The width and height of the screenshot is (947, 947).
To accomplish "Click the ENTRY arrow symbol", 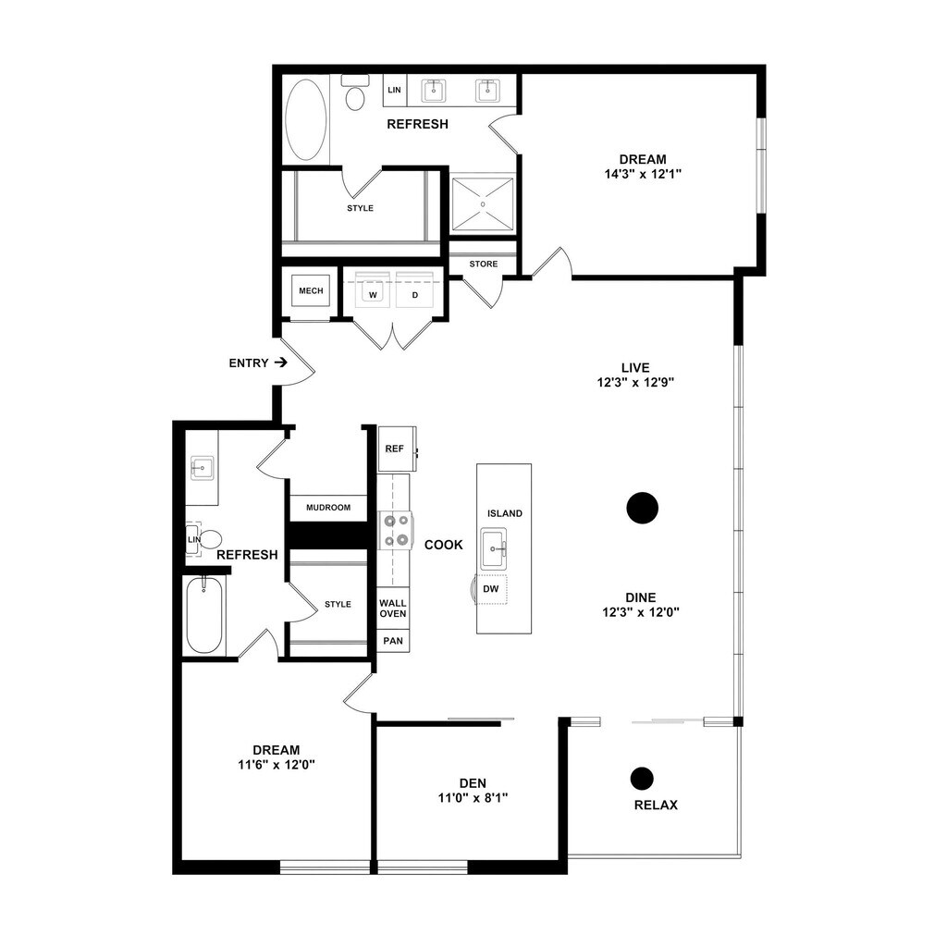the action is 280,363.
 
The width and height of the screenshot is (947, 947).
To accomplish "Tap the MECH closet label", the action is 311,291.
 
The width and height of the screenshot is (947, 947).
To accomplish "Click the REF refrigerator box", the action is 397,449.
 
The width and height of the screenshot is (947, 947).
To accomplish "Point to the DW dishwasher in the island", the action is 490,589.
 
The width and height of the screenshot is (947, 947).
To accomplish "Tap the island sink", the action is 494,548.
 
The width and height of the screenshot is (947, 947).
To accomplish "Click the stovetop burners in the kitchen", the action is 396,530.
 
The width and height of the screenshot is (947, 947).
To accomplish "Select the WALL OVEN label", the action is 392,609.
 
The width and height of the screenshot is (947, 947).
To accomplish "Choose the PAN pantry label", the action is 393,641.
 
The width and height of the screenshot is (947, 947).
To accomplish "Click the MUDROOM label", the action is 328,508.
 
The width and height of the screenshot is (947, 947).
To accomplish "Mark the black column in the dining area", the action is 642,508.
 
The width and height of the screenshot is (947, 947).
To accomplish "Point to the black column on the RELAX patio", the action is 642,779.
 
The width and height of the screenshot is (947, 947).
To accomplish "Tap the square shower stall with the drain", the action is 483,204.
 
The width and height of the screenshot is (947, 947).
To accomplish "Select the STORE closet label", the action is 484,264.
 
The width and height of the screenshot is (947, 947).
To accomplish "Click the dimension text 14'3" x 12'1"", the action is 643,175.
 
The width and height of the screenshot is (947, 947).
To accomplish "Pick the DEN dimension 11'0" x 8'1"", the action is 473,798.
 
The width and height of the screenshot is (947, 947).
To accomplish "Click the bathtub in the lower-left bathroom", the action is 204,615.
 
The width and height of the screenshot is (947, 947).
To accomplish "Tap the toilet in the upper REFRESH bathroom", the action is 355,92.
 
